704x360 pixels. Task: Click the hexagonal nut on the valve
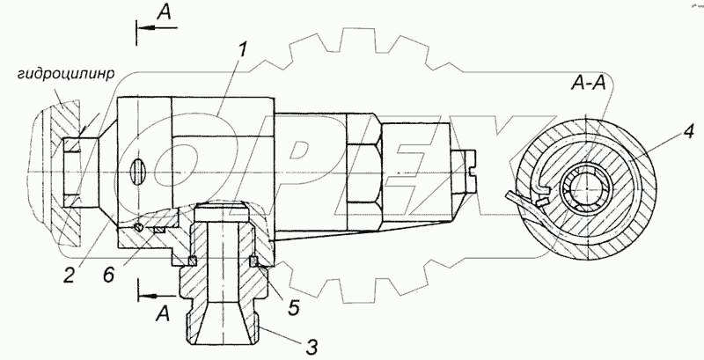tap(363, 166)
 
